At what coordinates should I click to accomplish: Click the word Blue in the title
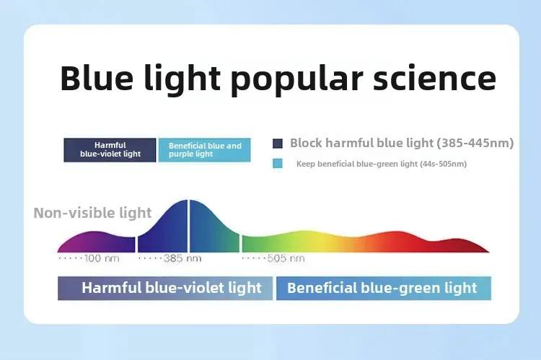click(97, 78)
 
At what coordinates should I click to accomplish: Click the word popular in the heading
click(296, 80)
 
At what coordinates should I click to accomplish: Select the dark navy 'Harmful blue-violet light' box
click(110, 150)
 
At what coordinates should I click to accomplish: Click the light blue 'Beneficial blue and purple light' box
click(204, 150)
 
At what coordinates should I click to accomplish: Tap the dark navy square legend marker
click(278, 144)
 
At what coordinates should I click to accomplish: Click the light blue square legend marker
click(278, 163)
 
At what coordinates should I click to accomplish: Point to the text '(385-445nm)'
click(475, 143)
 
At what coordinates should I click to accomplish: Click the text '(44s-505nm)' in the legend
click(443, 164)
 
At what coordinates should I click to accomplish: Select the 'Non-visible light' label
click(92, 213)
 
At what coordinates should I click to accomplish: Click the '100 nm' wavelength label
click(102, 258)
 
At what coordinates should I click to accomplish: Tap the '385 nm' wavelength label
click(182, 258)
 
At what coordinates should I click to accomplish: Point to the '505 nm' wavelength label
click(286, 258)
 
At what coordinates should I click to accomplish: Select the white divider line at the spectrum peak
click(188, 226)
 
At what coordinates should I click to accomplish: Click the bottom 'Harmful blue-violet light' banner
click(165, 288)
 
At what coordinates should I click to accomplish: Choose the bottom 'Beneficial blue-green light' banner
click(384, 288)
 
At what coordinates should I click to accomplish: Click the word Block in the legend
click(306, 143)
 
